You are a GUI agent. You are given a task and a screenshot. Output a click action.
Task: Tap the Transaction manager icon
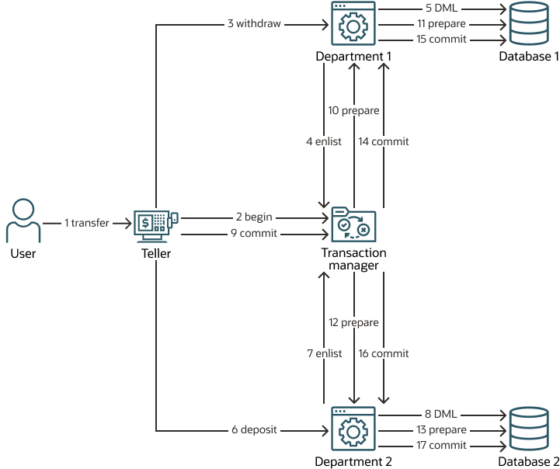[353, 225]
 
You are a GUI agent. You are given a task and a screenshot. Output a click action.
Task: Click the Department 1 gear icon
[353, 26]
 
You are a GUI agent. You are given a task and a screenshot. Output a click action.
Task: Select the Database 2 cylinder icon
[529, 429]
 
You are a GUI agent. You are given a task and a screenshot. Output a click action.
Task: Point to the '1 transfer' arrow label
[87, 224]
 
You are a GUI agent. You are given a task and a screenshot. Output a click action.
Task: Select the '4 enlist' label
[324, 142]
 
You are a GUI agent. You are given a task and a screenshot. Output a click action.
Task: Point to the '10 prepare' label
[353, 111]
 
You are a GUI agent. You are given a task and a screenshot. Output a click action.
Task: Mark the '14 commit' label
[384, 142]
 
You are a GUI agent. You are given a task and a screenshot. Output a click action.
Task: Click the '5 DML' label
[441, 9]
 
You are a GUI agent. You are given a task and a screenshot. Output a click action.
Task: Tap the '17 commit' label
[441, 446]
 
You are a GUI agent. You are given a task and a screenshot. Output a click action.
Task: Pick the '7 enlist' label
[324, 353]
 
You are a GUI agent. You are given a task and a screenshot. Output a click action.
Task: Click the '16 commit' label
[384, 353]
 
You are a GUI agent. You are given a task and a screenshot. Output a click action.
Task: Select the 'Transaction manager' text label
[353, 259]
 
